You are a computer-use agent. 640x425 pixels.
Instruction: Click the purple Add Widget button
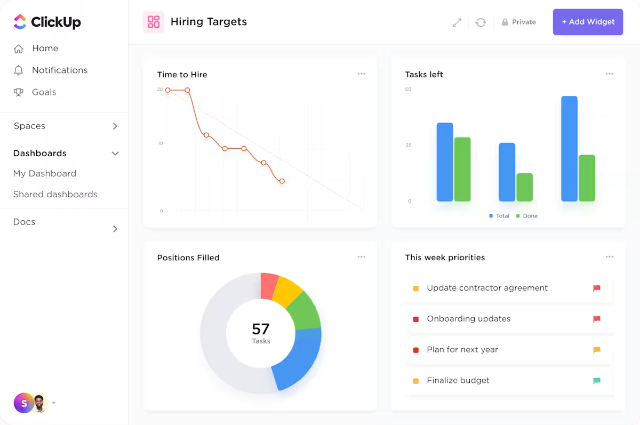point(588,22)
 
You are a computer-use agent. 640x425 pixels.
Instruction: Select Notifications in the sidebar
point(59,70)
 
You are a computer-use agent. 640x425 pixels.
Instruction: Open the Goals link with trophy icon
point(44,92)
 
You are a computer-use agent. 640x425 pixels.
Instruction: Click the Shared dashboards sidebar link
point(55,195)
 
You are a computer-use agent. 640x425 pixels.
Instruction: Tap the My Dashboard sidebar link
point(45,174)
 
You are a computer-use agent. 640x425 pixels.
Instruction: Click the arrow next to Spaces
point(115,126)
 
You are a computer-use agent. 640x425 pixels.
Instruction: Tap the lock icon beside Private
point(505,22)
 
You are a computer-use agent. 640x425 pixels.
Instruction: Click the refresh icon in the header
point(481,22)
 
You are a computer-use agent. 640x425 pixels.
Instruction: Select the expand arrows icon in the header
point(457,22)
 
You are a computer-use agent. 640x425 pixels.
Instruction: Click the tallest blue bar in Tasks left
point(569,149)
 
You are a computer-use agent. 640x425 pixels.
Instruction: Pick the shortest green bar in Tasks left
point(524,187)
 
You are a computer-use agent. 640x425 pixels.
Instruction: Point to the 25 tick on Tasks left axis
point(409,145)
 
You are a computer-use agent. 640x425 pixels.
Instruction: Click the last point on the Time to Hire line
point(282,181)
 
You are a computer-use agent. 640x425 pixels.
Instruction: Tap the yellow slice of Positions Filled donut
point(288,291)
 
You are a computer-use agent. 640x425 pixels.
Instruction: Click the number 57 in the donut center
point(261,328)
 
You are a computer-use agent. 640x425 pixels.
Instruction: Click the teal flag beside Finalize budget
point(597,381)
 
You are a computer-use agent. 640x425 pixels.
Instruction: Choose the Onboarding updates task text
point(468,319)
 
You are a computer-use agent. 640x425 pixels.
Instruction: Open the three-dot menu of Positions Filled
point(362,257)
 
